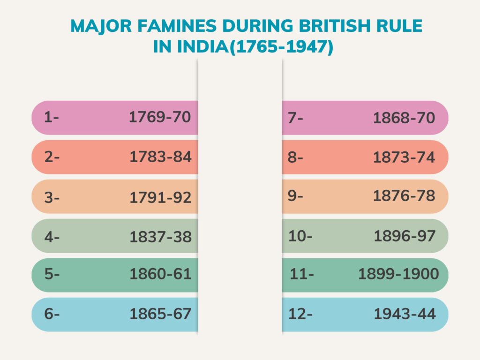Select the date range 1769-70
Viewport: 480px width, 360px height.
click(x=160, y=117)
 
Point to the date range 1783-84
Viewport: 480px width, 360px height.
click(x=160, y=157)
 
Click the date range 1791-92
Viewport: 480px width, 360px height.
click(x=160, y=197)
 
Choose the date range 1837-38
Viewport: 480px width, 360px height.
click(x=160, y=237)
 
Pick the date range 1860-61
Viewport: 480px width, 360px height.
click(x=160, y=274)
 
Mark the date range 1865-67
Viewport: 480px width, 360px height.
click(x=160, y=314)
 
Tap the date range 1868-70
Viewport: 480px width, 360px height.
click(x=404, y=118)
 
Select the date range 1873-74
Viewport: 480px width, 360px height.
click(x=404, y=157)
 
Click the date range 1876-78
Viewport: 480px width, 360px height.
click(x=404, y=196)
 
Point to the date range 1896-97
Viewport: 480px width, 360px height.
click(x=405, y=236)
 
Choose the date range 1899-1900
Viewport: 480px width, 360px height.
click(x=398, y=274)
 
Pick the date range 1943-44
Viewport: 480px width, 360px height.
click(x=405, y=314)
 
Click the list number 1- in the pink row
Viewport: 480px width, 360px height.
click(x=51, y=118)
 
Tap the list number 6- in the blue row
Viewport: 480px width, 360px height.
click(x=52, y=314)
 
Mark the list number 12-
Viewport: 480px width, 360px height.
click(x=300, y=314)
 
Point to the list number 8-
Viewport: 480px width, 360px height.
click(x=295, y=157)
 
